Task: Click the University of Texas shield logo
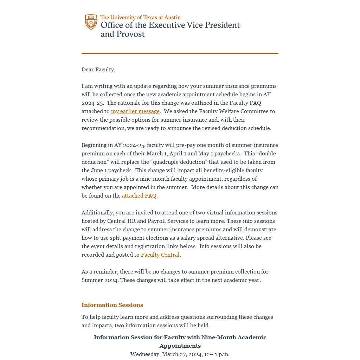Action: (91, 22)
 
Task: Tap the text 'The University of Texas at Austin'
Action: (140, 17)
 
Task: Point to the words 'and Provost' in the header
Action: (123, 34)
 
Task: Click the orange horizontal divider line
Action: (180, 53)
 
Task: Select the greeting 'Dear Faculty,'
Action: (98, 70)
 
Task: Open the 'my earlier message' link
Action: (135, 111)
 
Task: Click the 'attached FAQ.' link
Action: (140, 196)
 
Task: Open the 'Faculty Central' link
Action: (160, 255)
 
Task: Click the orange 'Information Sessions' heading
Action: (112, 305)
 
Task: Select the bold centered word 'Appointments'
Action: (180, 346)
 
